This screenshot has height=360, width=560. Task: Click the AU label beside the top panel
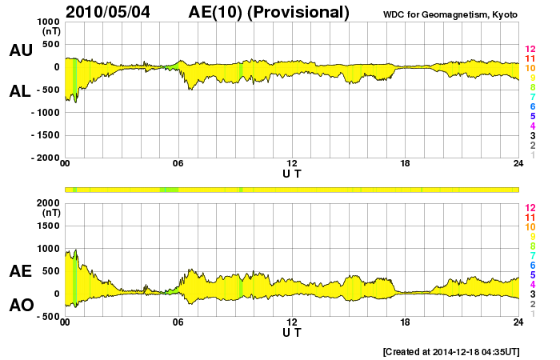coord(21,50)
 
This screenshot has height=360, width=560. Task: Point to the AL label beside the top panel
coord(21,91)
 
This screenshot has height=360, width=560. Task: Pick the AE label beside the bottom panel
coord(21,271)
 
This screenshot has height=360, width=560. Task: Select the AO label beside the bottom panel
coord(21,306)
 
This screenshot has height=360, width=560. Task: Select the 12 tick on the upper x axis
coord(292,165)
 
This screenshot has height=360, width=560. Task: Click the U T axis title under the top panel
coord(292,174)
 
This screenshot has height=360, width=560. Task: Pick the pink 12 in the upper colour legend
coord(529,50)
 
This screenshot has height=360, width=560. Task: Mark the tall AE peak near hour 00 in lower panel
coord(75,251)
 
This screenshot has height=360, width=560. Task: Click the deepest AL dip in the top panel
coord(75,102)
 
